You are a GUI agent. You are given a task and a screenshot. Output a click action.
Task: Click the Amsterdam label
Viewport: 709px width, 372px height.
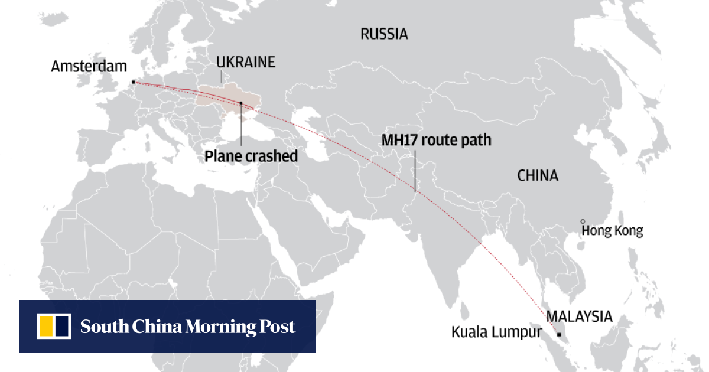point(89,66)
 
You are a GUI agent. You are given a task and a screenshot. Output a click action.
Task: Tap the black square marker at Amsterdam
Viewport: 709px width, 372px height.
point(134,82)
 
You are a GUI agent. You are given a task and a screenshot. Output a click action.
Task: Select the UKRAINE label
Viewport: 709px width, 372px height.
point(246,62)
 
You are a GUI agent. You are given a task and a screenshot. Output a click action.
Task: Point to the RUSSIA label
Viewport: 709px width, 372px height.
point(384,34)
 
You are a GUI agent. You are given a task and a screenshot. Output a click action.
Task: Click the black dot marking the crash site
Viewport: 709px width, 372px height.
point(241,103)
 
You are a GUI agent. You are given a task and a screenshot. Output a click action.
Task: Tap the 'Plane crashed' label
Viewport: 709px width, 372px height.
point(251,156)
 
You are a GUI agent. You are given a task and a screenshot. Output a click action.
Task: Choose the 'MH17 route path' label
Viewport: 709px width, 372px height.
point(436,141)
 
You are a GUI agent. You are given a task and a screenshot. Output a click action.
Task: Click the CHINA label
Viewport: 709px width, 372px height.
point(538,175)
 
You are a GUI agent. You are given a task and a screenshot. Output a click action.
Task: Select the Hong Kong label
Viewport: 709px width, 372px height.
point(612,231)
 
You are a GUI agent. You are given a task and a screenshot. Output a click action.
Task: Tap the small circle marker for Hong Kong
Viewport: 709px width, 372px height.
point(583,221)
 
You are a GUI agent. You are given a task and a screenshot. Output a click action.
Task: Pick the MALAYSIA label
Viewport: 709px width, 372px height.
point(579,316)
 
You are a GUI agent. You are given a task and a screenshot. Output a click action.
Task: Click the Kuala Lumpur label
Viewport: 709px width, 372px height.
point(496,332)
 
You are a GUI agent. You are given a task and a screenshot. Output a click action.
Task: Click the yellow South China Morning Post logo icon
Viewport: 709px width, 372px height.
point(54,327)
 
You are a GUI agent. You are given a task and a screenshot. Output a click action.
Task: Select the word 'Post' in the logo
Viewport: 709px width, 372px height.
point(277,327)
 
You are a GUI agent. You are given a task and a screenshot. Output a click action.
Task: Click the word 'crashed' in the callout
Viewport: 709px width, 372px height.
point(275,156)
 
